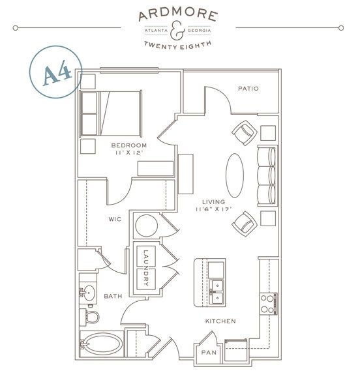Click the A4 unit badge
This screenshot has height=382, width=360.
(x=56, y=72)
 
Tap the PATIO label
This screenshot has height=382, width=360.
(x=248, y=89)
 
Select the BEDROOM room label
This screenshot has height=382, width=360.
(x=129, y=145)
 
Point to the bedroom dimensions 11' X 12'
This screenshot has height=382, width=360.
(x=129, y=153)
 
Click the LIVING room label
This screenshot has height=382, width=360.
(x=214, y=201)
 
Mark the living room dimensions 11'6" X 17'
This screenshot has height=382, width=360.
(x=213, y=209)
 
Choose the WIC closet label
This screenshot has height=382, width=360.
(x=115, y=219)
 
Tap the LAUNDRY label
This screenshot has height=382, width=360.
(x=146, y=268)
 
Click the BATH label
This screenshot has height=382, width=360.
(x=113, y=296)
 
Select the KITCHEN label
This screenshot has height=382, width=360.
(x=220, y=321)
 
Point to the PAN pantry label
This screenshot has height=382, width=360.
(x=209, y=352)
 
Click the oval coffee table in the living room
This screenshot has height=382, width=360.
(x=235, y=175)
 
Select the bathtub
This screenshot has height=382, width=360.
(x=102, y=344)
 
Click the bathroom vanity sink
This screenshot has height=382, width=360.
(x=89, y=293)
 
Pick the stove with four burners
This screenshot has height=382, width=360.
(x=268, y=304)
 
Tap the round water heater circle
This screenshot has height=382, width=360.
(x=146, y=226)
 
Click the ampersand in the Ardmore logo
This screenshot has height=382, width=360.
(x=177, y=31)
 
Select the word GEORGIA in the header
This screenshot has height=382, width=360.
(x=199, y=31)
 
